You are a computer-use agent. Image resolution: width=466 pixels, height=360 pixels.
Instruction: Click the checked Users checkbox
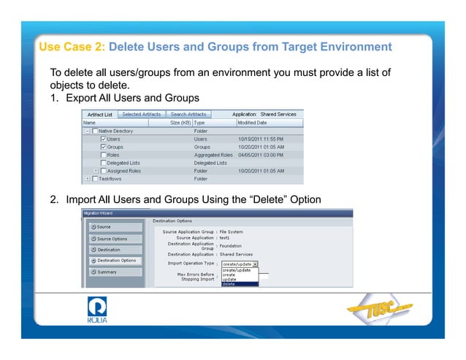pos(103,139)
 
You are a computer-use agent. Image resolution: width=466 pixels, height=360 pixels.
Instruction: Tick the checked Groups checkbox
pos(103,147)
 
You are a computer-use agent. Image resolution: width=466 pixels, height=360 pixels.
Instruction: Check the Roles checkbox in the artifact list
pos(103,155)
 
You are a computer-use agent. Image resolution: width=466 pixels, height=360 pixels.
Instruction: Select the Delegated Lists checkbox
pos(103,163)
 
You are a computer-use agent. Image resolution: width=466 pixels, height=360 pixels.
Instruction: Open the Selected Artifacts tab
pos(142,114)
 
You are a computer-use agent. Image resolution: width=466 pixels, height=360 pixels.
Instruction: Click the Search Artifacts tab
pos(188,114)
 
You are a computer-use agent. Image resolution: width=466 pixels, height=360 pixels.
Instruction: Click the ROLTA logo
pos(97,310)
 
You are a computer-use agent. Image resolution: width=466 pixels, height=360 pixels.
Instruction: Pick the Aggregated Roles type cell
pos(213,155)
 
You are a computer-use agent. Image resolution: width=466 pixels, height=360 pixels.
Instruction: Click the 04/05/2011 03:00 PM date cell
pos(259,155)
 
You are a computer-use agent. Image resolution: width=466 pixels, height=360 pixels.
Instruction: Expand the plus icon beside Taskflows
pos(88,179)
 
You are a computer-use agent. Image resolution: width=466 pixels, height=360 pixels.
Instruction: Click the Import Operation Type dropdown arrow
pos(255,264)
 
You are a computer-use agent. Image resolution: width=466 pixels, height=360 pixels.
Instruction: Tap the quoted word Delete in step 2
pos(261,200)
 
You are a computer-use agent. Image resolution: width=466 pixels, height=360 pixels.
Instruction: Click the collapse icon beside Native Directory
pos(88,131)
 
